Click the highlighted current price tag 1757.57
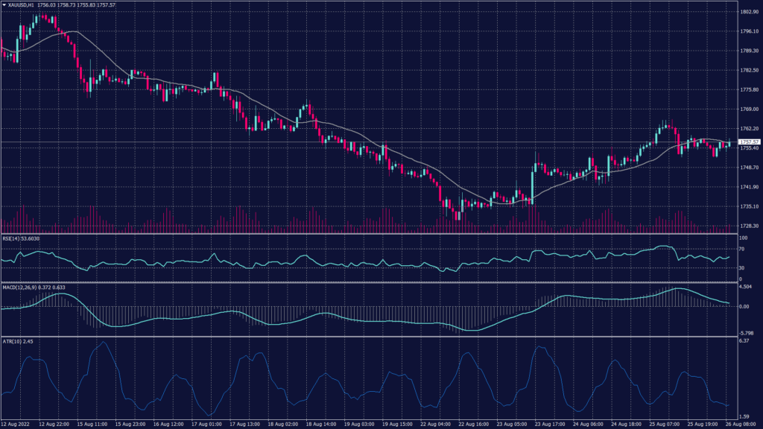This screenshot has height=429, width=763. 749,142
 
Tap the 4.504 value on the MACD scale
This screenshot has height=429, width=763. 745,286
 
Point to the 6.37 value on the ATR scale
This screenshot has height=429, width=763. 743,341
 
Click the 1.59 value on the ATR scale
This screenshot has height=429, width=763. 743,417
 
